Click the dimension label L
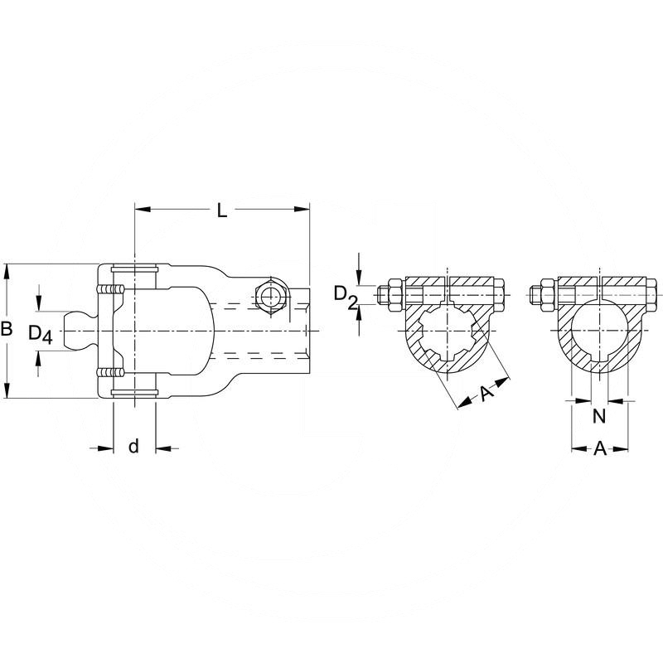[x=221, y=210]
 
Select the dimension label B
[x=7, y=330]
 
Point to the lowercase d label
[x=133, y=447]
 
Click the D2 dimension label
[x=345, y=296]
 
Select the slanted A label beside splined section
[x=487, y=394]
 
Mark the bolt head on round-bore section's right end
[x=652, y=294]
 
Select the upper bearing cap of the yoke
[x=133, y=270]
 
